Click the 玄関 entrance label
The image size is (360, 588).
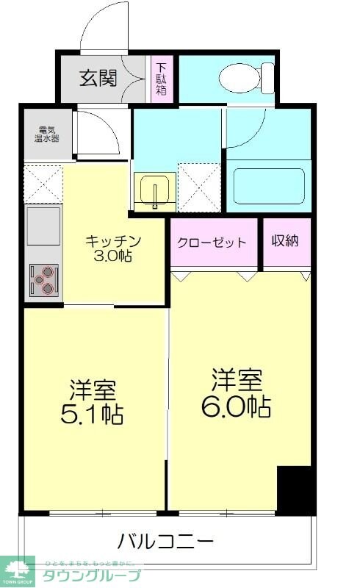click(x=98, y=78)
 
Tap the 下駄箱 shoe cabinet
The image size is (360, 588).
click(x=160, y=80)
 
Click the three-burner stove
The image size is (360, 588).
click(x=43, y=280)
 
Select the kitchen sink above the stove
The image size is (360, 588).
click(x=43, y=229)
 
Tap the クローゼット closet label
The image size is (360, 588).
click(x=211, y=243)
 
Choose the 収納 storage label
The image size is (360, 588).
click(x=285, y=242)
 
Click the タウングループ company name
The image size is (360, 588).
click(x=91, y=576)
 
